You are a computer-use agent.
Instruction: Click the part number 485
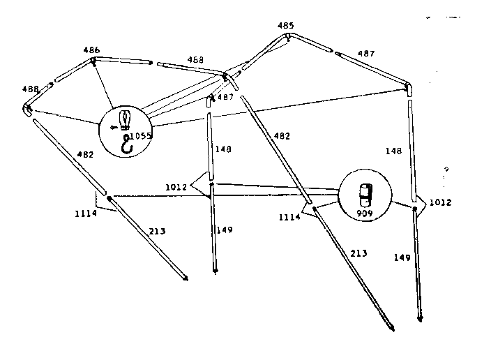point(285,25)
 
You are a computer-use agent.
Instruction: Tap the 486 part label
point(91,50)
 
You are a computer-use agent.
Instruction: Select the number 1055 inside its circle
point(141,136)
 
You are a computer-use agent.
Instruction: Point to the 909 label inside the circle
point(365,213)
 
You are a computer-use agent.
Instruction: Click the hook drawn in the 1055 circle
point(127,144)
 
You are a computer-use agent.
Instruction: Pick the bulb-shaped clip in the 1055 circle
point(125,120)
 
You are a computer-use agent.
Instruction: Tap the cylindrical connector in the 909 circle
point(365,195)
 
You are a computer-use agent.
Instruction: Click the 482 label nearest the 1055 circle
point(85,154)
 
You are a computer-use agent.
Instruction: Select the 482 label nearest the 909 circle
point(282,136)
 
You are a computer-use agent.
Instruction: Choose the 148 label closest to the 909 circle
point(393,151)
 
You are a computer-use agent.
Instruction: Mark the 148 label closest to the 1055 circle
point(223,149)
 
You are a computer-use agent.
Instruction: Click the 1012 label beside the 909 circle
point(440,202)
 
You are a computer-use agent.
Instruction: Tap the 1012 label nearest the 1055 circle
point(176,187)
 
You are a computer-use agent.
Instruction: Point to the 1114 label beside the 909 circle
point(289,217)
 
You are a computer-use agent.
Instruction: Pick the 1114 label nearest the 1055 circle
point(86,213)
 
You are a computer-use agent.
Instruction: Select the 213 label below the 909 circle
point(358,253)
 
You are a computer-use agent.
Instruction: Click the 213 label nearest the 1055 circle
point(157,231)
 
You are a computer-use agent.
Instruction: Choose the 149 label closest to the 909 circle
point(402,257)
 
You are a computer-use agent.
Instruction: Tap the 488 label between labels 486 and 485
point(195,60)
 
